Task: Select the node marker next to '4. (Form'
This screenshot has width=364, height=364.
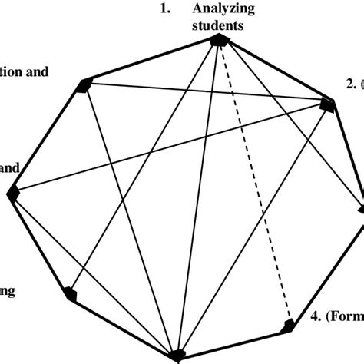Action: tap(290, 326)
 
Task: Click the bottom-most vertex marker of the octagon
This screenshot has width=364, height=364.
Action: tap(178, 355)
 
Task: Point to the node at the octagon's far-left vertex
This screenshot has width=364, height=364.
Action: tap(12, 194)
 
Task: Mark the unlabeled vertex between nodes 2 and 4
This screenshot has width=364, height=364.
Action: tap(362, 206)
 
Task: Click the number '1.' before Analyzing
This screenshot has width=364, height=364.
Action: tap(164, 10)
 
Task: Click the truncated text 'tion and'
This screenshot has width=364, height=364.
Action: tap(25, 73)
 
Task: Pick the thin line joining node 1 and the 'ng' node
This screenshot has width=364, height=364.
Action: tap(146, 164)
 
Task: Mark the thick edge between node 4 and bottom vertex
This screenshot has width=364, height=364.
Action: tap(234, 341)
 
